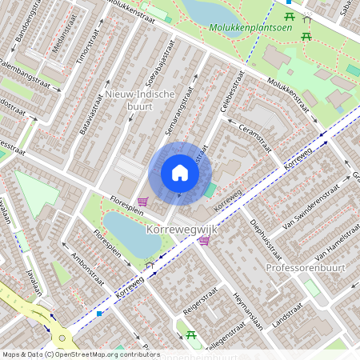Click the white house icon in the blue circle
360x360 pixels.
coord(180,173)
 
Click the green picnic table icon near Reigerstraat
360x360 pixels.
coord(190,334)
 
